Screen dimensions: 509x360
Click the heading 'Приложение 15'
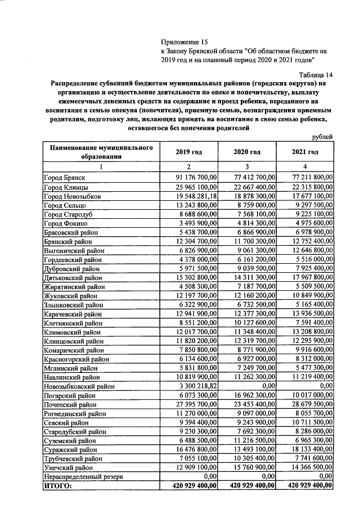(184, 42)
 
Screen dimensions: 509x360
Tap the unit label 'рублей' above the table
(322, 137)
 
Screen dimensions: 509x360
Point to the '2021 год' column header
(305, 152)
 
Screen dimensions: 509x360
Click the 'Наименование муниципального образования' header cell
(101, 152)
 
